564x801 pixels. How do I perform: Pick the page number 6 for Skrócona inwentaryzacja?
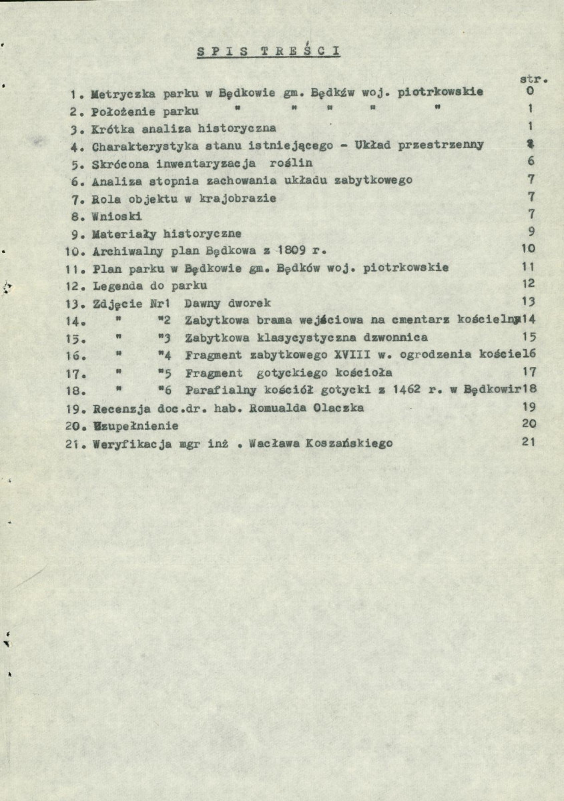[529, 162]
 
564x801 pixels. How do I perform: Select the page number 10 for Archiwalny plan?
[528, 249]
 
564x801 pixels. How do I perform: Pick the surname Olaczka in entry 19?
[339, 407]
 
